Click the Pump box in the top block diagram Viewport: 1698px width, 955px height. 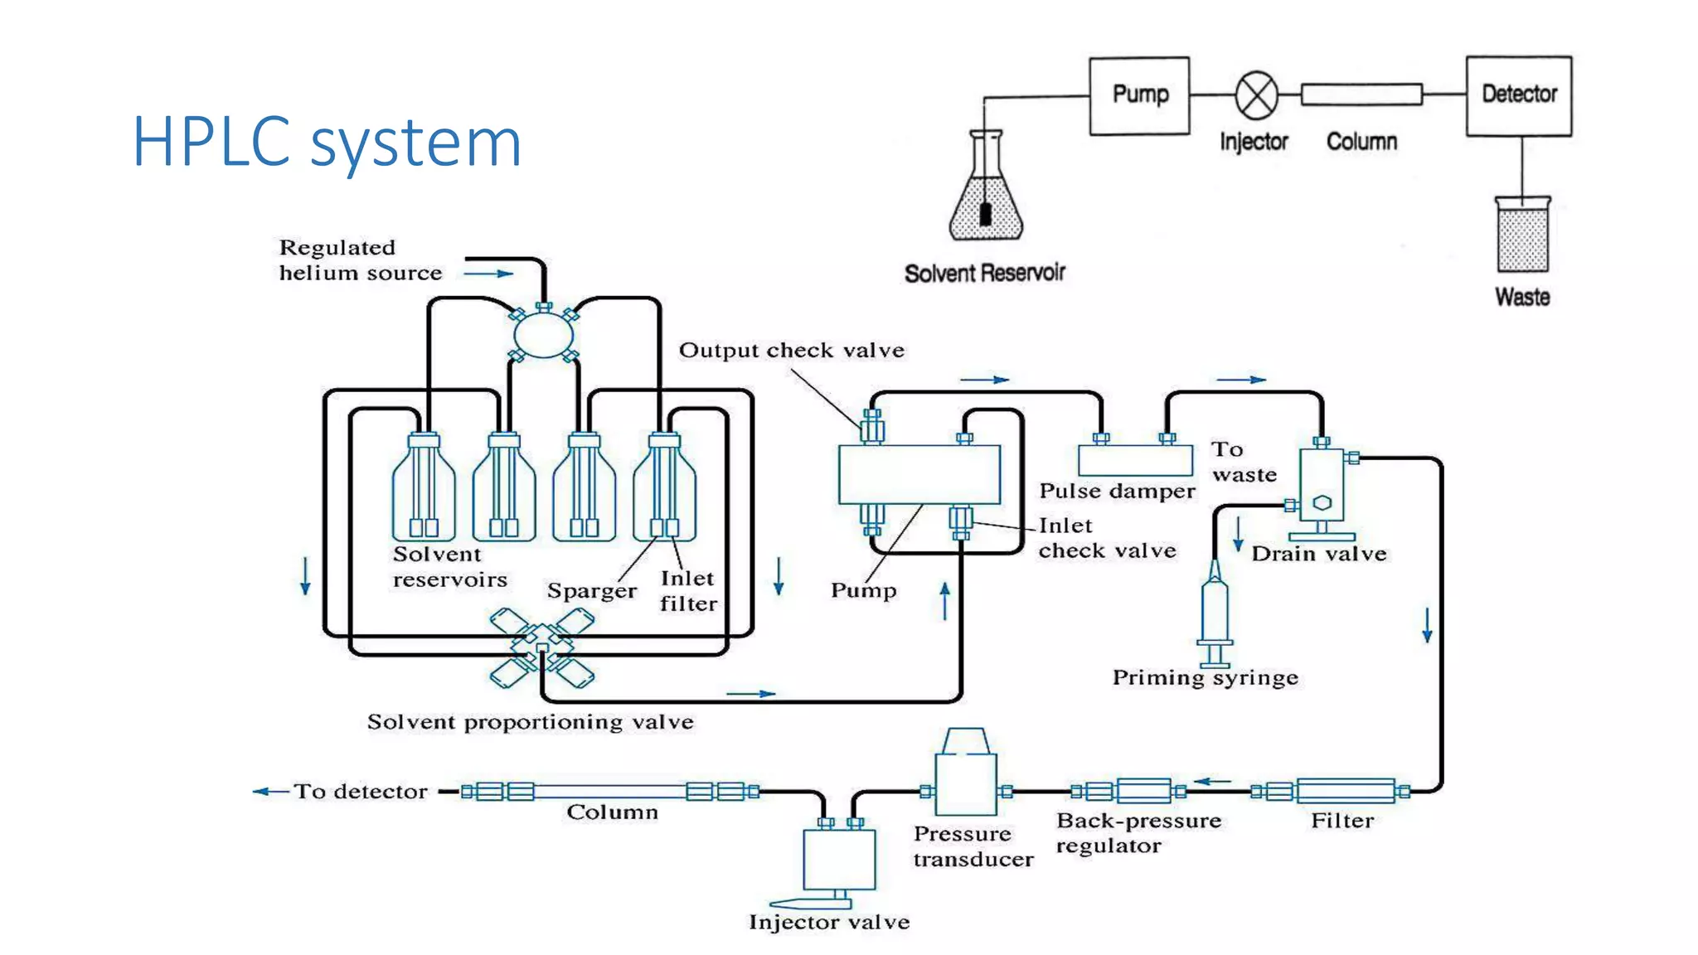[1139, 95]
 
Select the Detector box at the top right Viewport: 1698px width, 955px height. [1518, 95]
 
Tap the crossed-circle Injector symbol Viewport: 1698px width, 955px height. [1256, 95]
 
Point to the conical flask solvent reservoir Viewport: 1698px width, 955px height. [986, 199]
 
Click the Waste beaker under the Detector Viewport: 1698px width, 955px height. [1522, 235]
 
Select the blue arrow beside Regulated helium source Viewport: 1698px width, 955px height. [488, 273]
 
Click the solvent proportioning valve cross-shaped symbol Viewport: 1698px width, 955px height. [541, 648]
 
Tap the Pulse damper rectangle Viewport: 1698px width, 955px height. [1135, 460]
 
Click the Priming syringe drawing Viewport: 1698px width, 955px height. [1215, 613]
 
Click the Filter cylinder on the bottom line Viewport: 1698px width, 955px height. [1345, 791]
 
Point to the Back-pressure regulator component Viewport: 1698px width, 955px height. [1143, 791]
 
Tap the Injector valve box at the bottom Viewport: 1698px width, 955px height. [839, 858]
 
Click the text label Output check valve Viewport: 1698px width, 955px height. [791, 351]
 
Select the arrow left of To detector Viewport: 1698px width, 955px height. [270, 791]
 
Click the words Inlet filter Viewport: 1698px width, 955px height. [688, 591]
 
